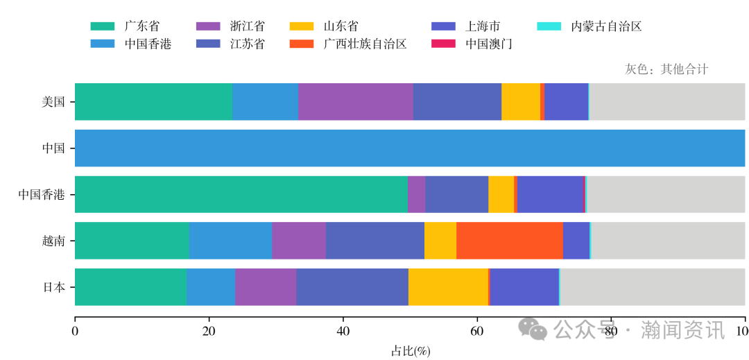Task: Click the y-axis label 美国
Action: (x=53, y=102)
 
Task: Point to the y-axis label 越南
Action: (x=53, y=241)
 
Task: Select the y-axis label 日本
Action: (x=53, y=287)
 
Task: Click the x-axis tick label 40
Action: (x=343, y=331)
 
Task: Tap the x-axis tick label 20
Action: (x=209, y=331)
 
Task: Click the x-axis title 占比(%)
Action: (x=411, y=351)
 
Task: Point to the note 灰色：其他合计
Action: (x=666, y=69)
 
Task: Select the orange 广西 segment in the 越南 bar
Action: (x=509, y=241)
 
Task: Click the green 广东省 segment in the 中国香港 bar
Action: (x=241, y=194)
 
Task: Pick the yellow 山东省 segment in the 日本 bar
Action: (x=448, y=287)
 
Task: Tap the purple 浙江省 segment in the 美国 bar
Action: (x=355, y=102)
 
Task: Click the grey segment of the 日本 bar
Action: (x=652, y=287)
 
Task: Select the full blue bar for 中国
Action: (x=409, y=148)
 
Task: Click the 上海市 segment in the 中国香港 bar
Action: (x=551, y=194)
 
